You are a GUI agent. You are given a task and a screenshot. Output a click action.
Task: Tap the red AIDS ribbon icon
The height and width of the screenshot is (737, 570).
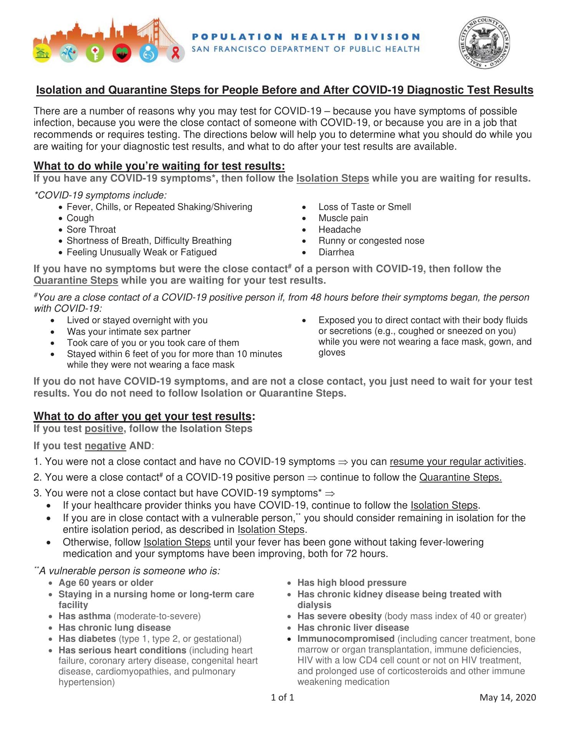[176, 53]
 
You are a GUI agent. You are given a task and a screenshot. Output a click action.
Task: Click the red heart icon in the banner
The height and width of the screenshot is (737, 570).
[122, 54]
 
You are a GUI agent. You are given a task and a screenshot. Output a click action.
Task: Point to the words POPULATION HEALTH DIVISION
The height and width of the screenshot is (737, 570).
[305, 37]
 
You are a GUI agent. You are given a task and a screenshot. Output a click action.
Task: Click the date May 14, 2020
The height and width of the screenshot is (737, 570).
[507, 697]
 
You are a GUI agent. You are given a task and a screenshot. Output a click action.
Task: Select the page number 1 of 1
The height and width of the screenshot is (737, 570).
[282, 697]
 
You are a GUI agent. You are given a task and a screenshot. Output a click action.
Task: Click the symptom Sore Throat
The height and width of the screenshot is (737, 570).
[91, 230]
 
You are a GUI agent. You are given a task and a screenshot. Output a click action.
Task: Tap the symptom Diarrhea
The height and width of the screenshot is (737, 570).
[336, 252]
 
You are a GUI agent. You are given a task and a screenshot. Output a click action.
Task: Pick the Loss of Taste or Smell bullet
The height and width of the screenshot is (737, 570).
[365, 207]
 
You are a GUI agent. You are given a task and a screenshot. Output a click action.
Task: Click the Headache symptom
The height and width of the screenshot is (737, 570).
[340, 230]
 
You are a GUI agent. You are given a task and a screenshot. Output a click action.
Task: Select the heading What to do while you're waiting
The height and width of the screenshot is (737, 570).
[159, 166]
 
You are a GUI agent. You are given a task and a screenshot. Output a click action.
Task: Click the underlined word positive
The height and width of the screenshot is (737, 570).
[104, 428]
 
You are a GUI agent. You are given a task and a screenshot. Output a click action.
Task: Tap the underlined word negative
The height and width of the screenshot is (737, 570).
[105, 446]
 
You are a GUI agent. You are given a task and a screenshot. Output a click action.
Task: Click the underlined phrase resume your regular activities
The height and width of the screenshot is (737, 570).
[456, 461]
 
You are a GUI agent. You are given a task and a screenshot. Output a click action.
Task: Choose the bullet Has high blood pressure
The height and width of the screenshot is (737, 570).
[352, 583]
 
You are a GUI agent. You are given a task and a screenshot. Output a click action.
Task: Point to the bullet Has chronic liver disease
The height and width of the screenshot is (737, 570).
[353, 628]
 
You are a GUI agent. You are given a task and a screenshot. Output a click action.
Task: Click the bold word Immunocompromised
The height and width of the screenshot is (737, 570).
[346, 639]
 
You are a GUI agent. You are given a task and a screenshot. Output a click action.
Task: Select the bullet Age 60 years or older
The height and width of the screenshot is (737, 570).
[106, 583]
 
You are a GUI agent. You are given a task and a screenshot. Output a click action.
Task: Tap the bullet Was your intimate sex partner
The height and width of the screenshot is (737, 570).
[129, 332]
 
